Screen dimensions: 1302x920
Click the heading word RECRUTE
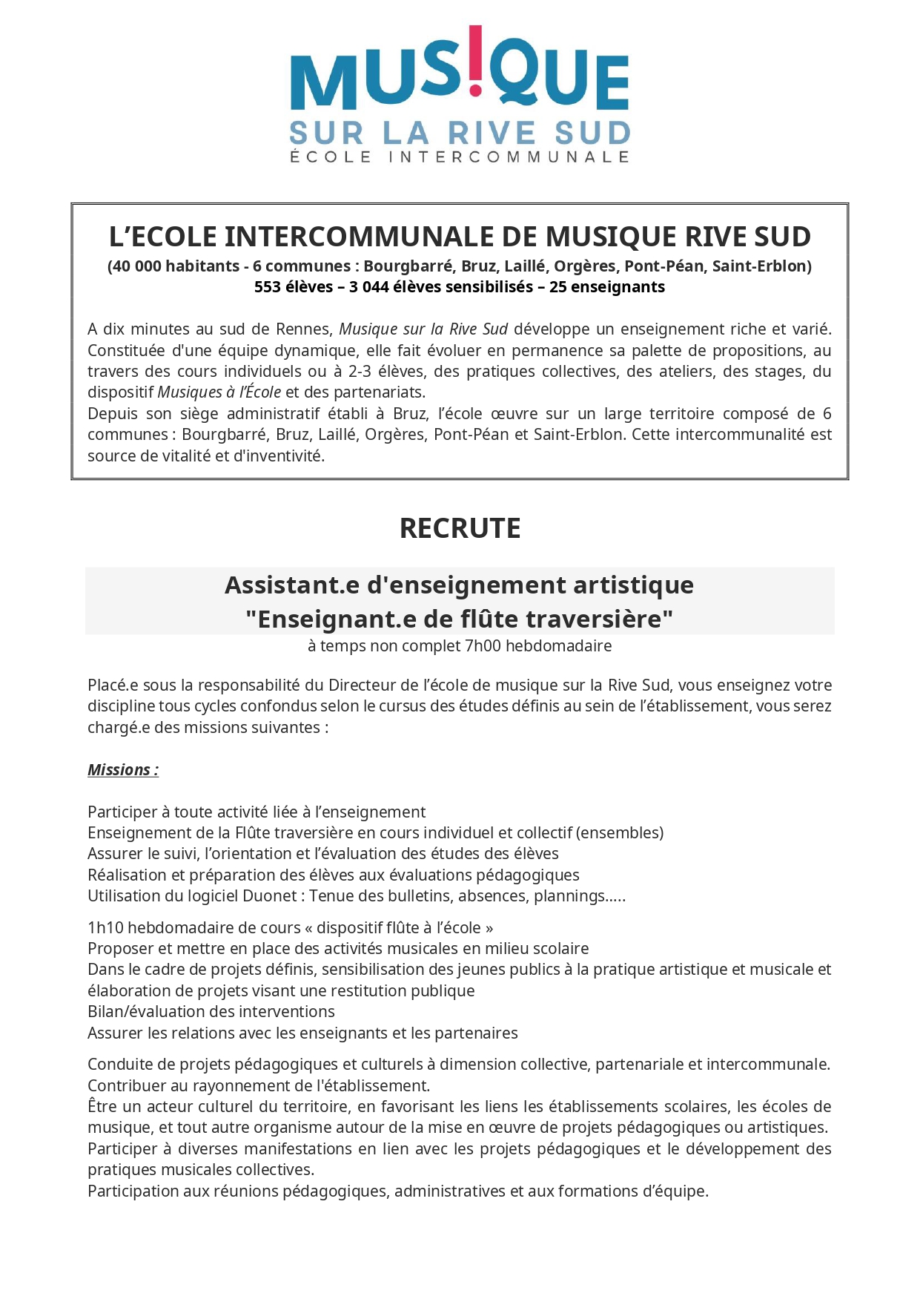point(460,528)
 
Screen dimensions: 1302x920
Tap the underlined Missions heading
point(123,770)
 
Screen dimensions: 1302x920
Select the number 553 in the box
point(268,287)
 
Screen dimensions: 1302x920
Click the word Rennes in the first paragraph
point(303,329)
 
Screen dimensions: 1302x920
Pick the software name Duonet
point(270,896)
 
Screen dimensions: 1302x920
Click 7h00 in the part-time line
point(483,646)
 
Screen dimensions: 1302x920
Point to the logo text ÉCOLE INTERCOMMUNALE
point(460,157)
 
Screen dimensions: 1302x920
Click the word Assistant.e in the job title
point(292,585)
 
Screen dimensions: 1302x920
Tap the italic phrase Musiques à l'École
point(219,392)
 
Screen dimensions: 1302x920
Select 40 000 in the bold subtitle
point(136,266)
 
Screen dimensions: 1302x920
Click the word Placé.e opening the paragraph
point(113,685)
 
